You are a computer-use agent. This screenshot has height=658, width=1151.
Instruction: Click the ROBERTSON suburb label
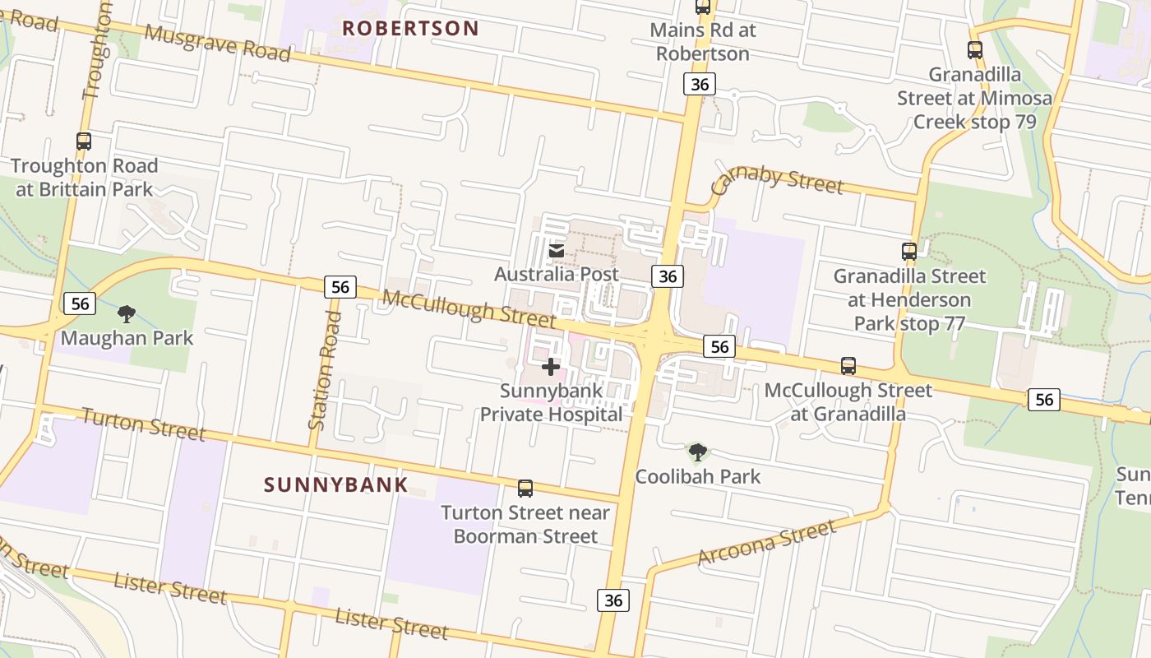click(410, 28)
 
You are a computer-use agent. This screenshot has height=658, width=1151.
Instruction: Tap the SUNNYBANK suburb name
click(335, 484)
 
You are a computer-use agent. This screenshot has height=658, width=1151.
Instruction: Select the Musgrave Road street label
click(218, 42)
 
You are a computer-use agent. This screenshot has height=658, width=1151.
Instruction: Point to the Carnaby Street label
click(776, 182)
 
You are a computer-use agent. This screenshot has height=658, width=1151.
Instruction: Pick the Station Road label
click(324, 369)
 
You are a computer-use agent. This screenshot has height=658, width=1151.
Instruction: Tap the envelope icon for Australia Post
click(557, 250)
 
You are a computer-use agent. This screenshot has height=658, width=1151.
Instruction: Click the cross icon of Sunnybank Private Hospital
click(551, 367)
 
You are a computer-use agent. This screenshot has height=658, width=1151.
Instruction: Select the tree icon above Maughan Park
click(127, 313)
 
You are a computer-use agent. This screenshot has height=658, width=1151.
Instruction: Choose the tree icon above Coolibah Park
click(698, 452)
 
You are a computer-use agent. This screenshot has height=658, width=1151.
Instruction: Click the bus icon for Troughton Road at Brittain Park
click(84, 141)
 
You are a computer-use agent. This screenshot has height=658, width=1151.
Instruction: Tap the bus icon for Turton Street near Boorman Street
click(525, 489)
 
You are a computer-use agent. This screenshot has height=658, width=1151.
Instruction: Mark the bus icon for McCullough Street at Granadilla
click(848, 366)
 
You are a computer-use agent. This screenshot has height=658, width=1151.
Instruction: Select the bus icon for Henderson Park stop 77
click(909, 252)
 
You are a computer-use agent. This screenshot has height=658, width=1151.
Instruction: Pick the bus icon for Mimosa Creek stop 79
click(975, 50)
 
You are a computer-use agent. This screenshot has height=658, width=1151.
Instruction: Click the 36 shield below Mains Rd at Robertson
click(699, 84)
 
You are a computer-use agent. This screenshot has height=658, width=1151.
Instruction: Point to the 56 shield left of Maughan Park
click(80, 304)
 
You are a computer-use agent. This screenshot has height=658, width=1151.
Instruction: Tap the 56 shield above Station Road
click(340, 287)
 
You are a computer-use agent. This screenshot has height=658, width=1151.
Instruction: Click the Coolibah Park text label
click(698, 476)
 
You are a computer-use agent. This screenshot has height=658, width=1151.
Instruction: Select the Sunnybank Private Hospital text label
click(551, 402)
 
